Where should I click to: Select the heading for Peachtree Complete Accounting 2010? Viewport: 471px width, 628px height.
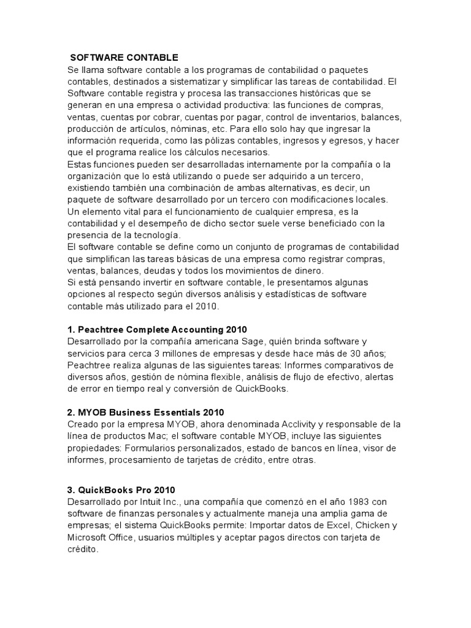coord(158,329)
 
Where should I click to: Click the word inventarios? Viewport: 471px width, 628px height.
coord(335,116)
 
